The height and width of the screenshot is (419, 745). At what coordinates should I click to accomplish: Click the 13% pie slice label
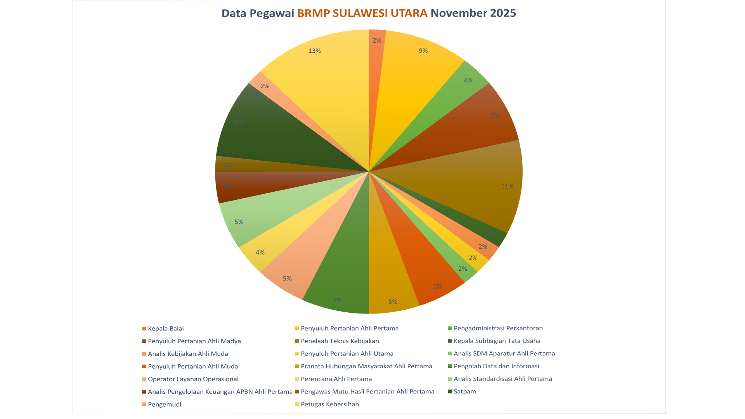pos(314,51)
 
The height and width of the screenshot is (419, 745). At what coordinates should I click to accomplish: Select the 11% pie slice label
pos(507,186)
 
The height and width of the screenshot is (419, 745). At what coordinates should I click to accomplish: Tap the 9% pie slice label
pos(423,51)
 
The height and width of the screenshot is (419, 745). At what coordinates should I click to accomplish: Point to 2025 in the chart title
pos(503,13)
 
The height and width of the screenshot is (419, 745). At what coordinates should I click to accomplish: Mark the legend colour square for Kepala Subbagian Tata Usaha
pos(450,341)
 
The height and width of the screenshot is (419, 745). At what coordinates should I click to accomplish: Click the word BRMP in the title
pos(314,13)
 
